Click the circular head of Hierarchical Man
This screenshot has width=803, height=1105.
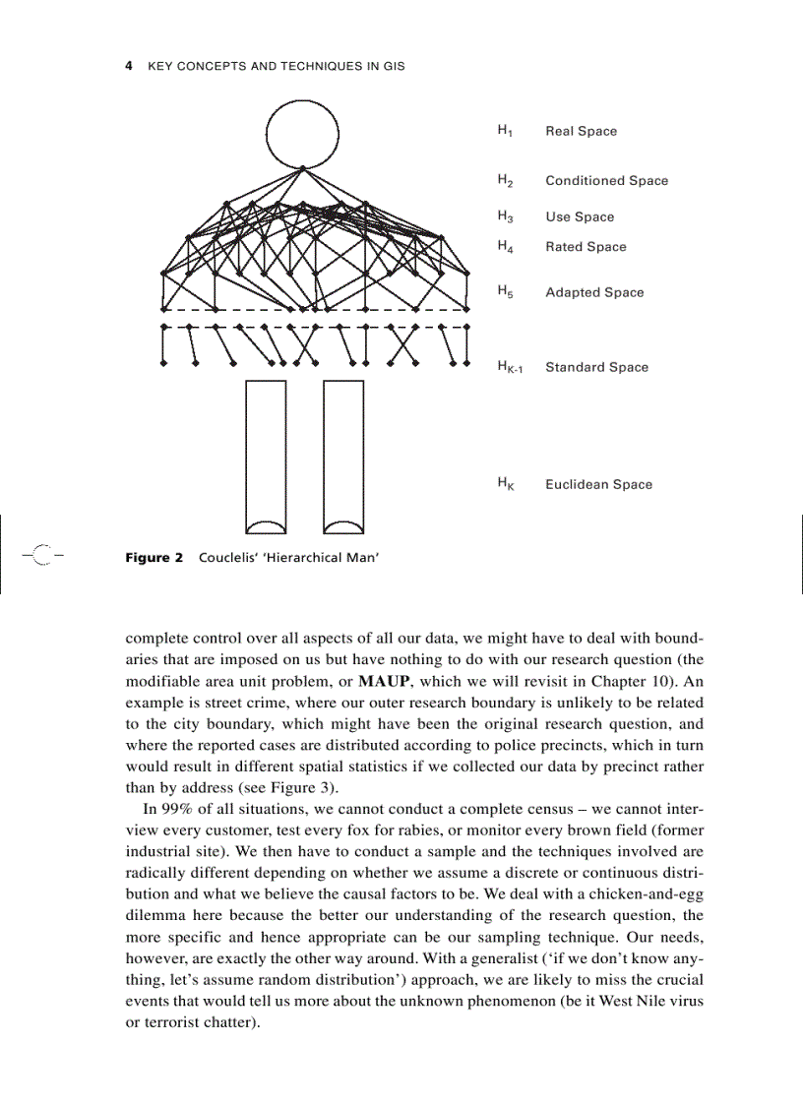click(302, 133)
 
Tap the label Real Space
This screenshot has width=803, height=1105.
click(581, 131)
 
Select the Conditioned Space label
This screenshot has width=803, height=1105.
click(606, 181)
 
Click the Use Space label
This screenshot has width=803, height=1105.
click(579, 217)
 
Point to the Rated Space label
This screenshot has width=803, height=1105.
click(586, 247)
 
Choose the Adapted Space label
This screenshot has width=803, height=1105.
click(594, 292)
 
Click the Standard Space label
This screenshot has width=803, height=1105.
click(596, 367)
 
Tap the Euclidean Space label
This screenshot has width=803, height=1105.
click(598, 484)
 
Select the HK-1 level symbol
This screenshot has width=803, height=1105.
click(510, 368)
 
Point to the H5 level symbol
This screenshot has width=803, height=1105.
click(504, 292)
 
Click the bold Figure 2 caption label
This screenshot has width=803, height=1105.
click(154, 558)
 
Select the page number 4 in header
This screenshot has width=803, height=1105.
click(129, 66)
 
